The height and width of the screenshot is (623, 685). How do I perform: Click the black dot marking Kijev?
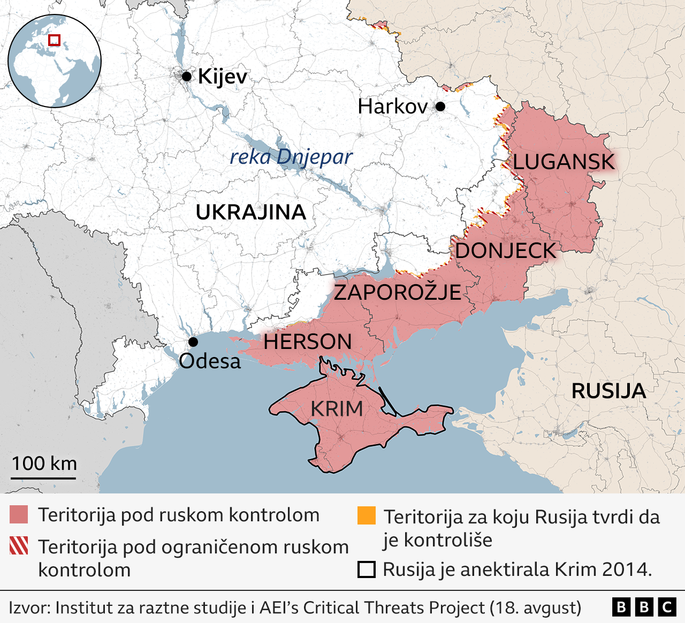(186, 77)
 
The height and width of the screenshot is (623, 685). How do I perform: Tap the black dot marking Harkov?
(440, 107)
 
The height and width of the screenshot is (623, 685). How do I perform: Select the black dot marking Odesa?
(193, 342)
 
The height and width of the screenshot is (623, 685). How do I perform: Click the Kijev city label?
(222, 77)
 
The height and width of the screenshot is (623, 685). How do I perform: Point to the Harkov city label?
(392, 107)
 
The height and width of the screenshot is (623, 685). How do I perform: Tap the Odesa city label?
(210, 361)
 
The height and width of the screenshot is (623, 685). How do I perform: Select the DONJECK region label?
(505, 250)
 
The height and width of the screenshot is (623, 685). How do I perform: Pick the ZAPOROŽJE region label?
(397, 292)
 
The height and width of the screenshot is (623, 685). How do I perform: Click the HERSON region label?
(307, 342)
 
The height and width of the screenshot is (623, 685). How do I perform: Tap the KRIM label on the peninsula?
(337, 409)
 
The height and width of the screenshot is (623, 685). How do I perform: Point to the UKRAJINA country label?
(250, 212)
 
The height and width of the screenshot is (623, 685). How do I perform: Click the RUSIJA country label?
(608, 391)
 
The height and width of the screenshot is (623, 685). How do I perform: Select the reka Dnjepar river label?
(291, 157)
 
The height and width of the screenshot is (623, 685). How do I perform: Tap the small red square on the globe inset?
(54, 40)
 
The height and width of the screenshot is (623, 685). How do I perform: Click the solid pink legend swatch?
(19, 515)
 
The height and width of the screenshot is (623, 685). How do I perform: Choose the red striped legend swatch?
(19, 546)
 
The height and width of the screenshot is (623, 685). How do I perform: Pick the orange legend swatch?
(367, 515)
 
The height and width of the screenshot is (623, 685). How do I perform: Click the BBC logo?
(644, 607)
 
